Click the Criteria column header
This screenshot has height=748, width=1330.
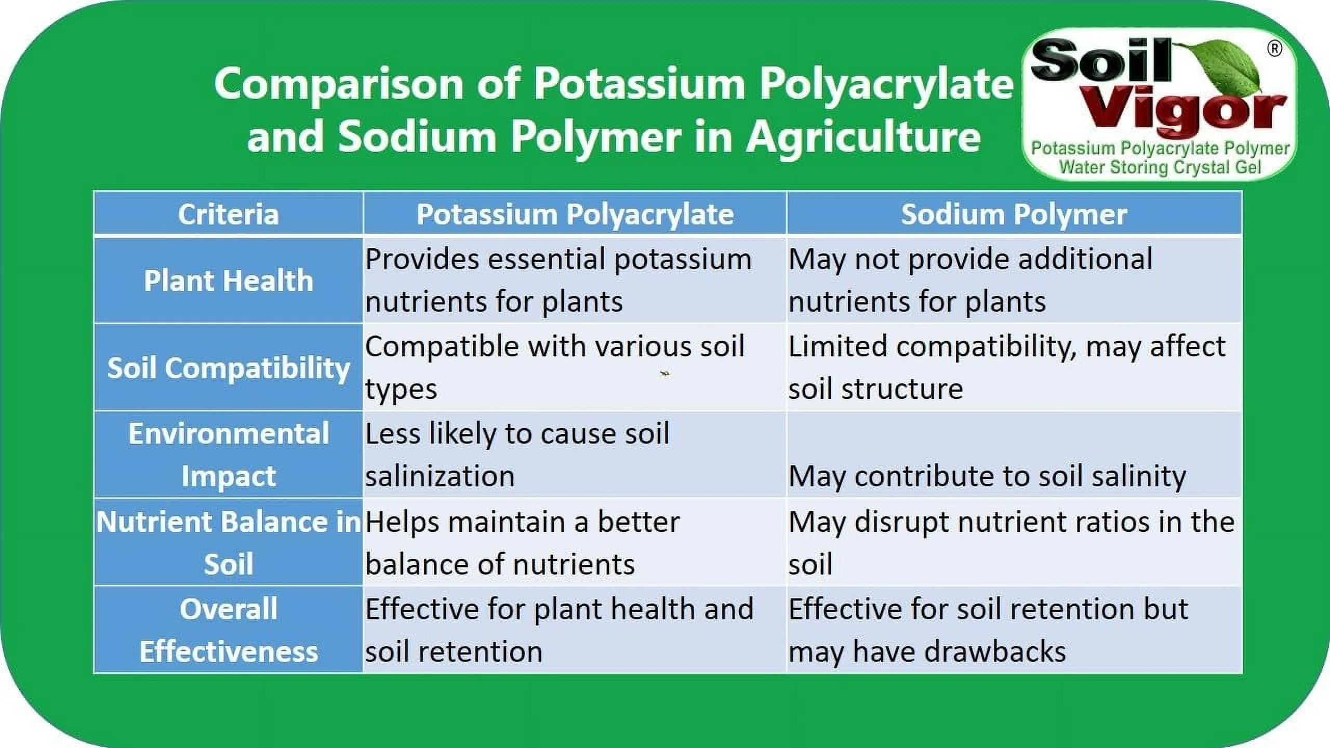(229, 214)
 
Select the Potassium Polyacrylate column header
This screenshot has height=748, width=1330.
(575, 215)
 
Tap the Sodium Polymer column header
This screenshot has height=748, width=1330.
(1014, 214)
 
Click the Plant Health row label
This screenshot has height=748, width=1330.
(229, 280)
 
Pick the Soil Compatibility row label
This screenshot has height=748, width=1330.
(229, 368)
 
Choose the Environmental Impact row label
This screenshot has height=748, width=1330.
(229, 455)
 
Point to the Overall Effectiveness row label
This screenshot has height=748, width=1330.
(229, 630)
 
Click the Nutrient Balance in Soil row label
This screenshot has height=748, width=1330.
(229, 542)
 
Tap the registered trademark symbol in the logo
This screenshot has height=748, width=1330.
(1274, 49)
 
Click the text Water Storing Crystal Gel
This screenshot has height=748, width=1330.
(1160, 168)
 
